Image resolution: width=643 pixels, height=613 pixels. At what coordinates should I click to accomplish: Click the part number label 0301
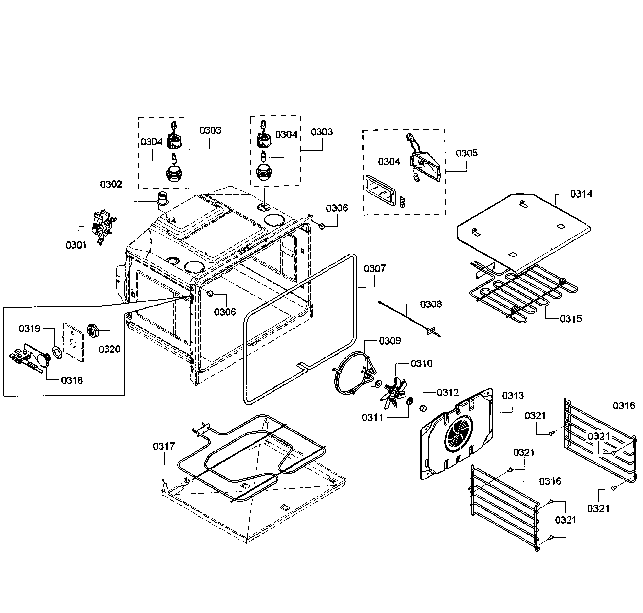point(76,245)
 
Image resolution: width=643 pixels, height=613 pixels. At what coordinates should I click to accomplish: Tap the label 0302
point(111,184)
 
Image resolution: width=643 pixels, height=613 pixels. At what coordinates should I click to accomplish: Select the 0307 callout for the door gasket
point(375,268)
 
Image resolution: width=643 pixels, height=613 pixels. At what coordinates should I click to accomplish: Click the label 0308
point(431,304)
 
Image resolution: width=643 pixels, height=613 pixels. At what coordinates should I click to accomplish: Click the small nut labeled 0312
point(423,408)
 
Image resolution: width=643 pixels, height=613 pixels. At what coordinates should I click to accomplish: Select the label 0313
point(513,396)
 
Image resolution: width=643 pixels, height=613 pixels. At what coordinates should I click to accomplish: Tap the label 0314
point(581,194)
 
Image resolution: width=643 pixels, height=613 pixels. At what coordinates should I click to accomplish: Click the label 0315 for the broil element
point(571,319)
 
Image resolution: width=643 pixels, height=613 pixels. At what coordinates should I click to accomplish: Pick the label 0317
point(164,446)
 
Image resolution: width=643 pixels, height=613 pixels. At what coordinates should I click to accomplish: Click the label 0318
point(72,380)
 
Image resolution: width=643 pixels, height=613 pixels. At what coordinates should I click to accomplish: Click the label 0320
point(109,349)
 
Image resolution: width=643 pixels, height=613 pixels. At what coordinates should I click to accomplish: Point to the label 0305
point(467,153)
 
